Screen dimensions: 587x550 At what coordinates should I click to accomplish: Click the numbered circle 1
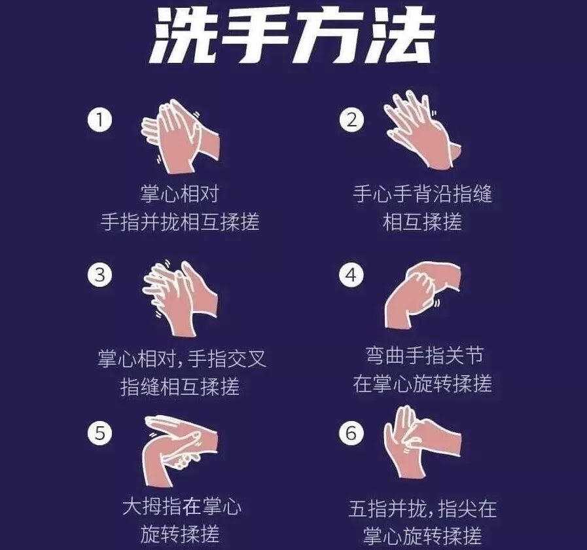(x=99, y=120)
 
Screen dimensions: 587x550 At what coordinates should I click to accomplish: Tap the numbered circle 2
(x=351, y=120)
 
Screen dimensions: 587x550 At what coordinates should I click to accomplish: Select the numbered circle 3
(x=99, y=274)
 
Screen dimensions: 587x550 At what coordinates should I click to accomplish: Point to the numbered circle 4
(x=351, y=274)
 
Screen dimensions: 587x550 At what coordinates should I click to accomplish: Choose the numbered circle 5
(x=99, y=433)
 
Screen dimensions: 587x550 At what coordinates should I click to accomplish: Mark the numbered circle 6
(x=351, y=433)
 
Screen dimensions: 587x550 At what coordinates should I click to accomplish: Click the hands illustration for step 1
(x=180, y=136)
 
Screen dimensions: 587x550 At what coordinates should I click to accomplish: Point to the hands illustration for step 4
(x=422, y=296)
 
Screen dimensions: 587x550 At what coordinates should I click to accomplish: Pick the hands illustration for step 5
(x=180, y=450)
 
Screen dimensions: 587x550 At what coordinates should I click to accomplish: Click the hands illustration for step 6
(x=422, y=442)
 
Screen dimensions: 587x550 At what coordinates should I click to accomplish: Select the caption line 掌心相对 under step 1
(x=180, y=194)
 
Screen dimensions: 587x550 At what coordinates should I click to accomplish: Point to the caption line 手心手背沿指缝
(x=422, y=194)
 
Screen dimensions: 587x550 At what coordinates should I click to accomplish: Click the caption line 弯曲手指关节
(x=425, y=356)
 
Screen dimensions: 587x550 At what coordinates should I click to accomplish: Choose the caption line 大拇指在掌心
(x=182, y=506)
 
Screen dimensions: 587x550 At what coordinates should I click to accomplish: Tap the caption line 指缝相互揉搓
(x=180, y=386)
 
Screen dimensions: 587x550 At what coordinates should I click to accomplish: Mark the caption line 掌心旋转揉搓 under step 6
(x=422, y=536)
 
